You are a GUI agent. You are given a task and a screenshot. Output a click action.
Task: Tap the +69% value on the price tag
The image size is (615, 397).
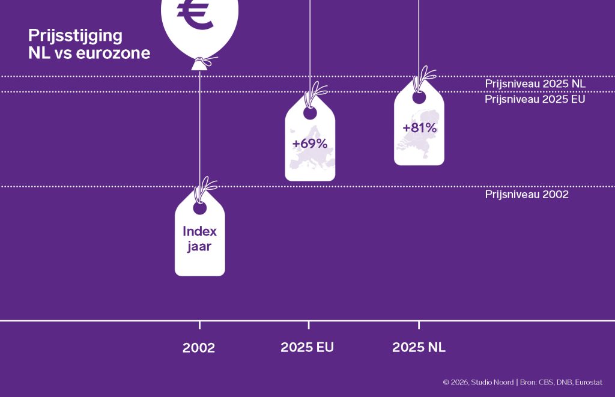(x=309, y=144)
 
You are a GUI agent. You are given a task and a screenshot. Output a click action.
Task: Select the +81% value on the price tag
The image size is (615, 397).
(x=419, y=127)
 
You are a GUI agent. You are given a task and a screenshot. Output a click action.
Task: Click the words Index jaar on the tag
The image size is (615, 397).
(x=199, y=238)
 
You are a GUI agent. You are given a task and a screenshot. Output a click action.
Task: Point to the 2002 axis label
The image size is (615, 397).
(x=199, y=348)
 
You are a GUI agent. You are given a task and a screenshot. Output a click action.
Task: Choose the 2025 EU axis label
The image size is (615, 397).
(x=307, y=347)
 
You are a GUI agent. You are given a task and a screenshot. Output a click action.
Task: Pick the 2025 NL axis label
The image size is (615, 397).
(x=419, y=347)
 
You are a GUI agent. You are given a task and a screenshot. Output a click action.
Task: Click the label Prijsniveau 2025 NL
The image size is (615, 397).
(x=535, y=83)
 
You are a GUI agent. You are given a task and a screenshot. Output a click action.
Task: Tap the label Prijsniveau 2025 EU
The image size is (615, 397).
(x=535, y=99)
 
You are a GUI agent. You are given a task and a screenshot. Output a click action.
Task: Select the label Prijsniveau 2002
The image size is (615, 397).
(x=526, y=194)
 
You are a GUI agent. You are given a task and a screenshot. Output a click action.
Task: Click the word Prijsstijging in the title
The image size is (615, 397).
(x=75, y=35)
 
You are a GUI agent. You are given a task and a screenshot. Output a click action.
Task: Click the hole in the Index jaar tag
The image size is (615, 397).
(x=199, y=208)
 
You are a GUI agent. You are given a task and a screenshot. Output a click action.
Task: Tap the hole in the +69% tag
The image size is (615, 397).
(x=309, y=112)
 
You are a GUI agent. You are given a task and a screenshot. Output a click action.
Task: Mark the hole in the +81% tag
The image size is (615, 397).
(x=419, y=97)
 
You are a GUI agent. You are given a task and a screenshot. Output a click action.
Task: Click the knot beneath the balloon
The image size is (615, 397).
(x=202, y=62)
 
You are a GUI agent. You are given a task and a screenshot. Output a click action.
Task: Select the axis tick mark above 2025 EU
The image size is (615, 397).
(x=309, y=325)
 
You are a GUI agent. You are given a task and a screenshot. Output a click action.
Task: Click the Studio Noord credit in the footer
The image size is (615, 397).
(x=492, y=382)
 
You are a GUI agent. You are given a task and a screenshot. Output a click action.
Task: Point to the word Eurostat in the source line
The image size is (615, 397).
(x=589, y=382)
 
